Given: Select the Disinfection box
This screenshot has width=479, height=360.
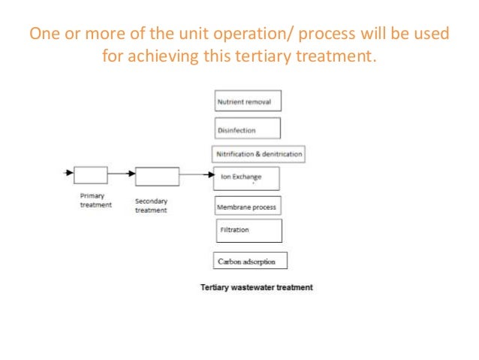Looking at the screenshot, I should [x=248, y=129].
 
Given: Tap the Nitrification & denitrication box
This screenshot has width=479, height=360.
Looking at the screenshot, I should [x=258, y=154].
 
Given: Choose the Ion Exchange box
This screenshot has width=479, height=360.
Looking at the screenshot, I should [x=248, y=178].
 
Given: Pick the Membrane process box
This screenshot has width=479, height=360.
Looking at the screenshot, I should [x=247, y=206].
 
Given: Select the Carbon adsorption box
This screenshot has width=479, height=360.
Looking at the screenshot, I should [x=250, y=262].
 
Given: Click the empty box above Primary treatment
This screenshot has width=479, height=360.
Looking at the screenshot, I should [x=90, y=175].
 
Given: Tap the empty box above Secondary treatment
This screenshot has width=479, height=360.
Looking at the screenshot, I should [x=157, y=177].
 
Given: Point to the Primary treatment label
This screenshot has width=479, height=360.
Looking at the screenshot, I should [x=95, y=200].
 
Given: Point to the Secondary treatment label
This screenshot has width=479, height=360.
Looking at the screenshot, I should [x=151, y=206].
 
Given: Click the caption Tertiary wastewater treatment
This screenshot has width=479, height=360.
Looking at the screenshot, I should [x=256, y=287].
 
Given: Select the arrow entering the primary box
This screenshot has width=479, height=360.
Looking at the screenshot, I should [x=68, y=172].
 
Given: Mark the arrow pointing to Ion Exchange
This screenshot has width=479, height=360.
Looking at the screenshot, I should [x=197, y=176].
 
